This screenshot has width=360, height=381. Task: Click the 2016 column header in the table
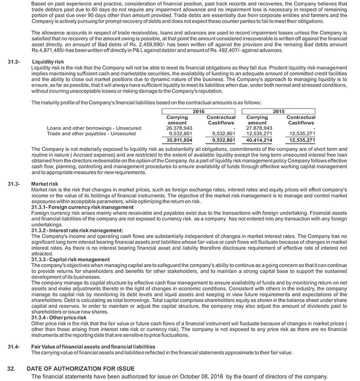[x=198, y=112]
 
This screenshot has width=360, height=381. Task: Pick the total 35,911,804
[x=179, y=141]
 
